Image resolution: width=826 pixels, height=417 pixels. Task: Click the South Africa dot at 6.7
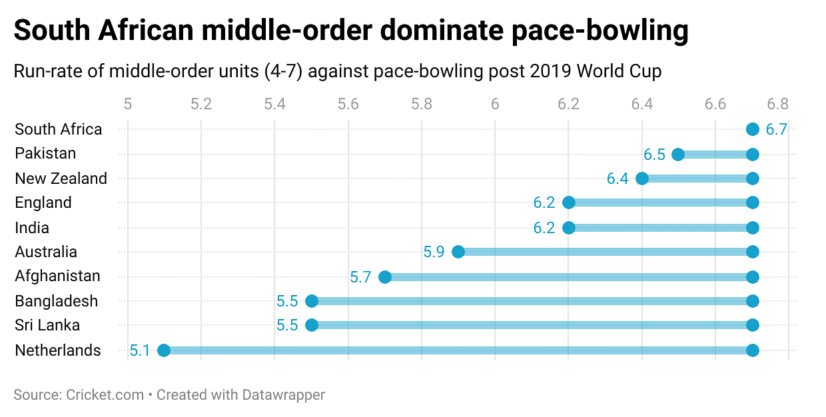coord(752,129)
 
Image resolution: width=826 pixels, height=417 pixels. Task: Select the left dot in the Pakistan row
coord(678,155)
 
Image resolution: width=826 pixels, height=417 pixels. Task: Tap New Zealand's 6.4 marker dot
coord(642,179)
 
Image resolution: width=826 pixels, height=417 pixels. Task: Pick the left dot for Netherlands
coord(164,350)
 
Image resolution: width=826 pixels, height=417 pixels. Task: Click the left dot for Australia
coord(458,252)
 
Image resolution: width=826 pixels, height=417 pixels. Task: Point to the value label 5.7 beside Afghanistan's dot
coord(360,277)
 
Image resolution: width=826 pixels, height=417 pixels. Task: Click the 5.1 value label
coord(140,350)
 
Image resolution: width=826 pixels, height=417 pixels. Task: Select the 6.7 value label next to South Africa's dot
coord(776,129)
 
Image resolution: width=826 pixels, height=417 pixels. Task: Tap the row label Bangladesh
coord(57,301)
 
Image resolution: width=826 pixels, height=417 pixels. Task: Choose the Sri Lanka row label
coord(47,325)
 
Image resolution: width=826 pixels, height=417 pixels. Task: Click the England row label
coord(43,203)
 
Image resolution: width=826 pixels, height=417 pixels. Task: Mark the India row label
coord(32,228)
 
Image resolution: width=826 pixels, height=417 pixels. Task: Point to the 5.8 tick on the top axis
coord(422,104)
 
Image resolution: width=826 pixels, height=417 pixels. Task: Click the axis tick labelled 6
coord(495,104)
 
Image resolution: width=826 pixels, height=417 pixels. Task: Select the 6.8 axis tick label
coord(778,104)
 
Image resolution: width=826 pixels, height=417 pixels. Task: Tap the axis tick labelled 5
coord(128,104)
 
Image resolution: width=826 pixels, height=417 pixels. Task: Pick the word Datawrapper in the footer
coord(282,394)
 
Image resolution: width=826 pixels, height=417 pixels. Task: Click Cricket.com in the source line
coord(105,394)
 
